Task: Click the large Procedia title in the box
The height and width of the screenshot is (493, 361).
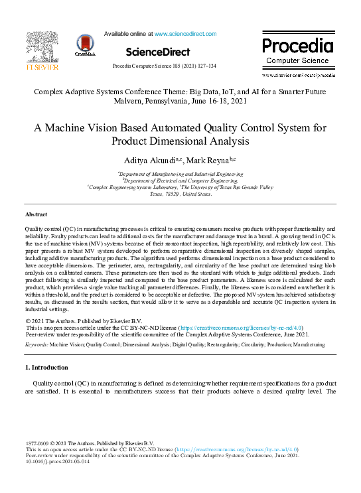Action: coord(298,46)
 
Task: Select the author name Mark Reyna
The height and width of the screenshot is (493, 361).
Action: coord(207,161)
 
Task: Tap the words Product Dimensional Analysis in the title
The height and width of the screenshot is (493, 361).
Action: coord(180,141)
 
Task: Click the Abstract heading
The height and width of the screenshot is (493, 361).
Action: coord(36,214)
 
